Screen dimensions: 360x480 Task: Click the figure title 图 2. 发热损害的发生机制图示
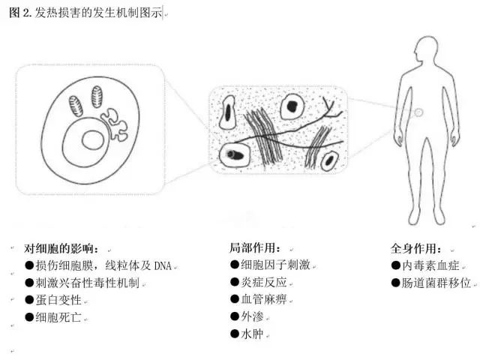tap(84, 13)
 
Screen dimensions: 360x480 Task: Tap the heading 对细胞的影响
tap(67, 248)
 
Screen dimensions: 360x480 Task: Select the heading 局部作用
tap(256, 247)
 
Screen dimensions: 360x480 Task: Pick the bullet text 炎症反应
tap(263, 282)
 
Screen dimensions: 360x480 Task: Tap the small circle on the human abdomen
tap(419, 112)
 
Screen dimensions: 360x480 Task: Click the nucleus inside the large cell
tap(92, 141)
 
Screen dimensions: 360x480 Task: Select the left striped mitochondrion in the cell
tap(76, 104)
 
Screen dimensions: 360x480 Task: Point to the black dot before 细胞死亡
tap(29, 317)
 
